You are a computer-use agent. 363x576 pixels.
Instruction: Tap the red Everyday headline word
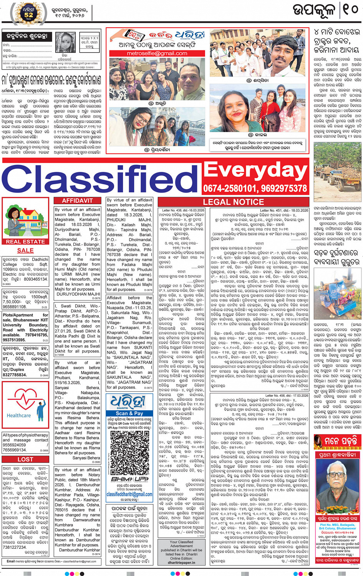click(x=255, y=170)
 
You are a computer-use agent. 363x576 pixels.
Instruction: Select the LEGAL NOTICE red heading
click(x=233, y=202)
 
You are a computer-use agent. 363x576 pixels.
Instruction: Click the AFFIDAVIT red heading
click(x=77, y=201)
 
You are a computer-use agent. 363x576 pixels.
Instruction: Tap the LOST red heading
click(x=25, y=459)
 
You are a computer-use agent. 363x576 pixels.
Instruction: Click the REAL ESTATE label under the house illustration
click(x=25, y=241)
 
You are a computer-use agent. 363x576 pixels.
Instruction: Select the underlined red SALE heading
click(x=25, y=250)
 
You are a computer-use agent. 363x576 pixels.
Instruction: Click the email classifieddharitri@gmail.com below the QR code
click(x=129, y=494)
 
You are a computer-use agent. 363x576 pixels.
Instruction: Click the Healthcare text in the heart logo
click(x=19, y=415)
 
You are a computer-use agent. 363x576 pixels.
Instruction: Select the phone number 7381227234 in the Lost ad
click(x=15, y=547)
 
